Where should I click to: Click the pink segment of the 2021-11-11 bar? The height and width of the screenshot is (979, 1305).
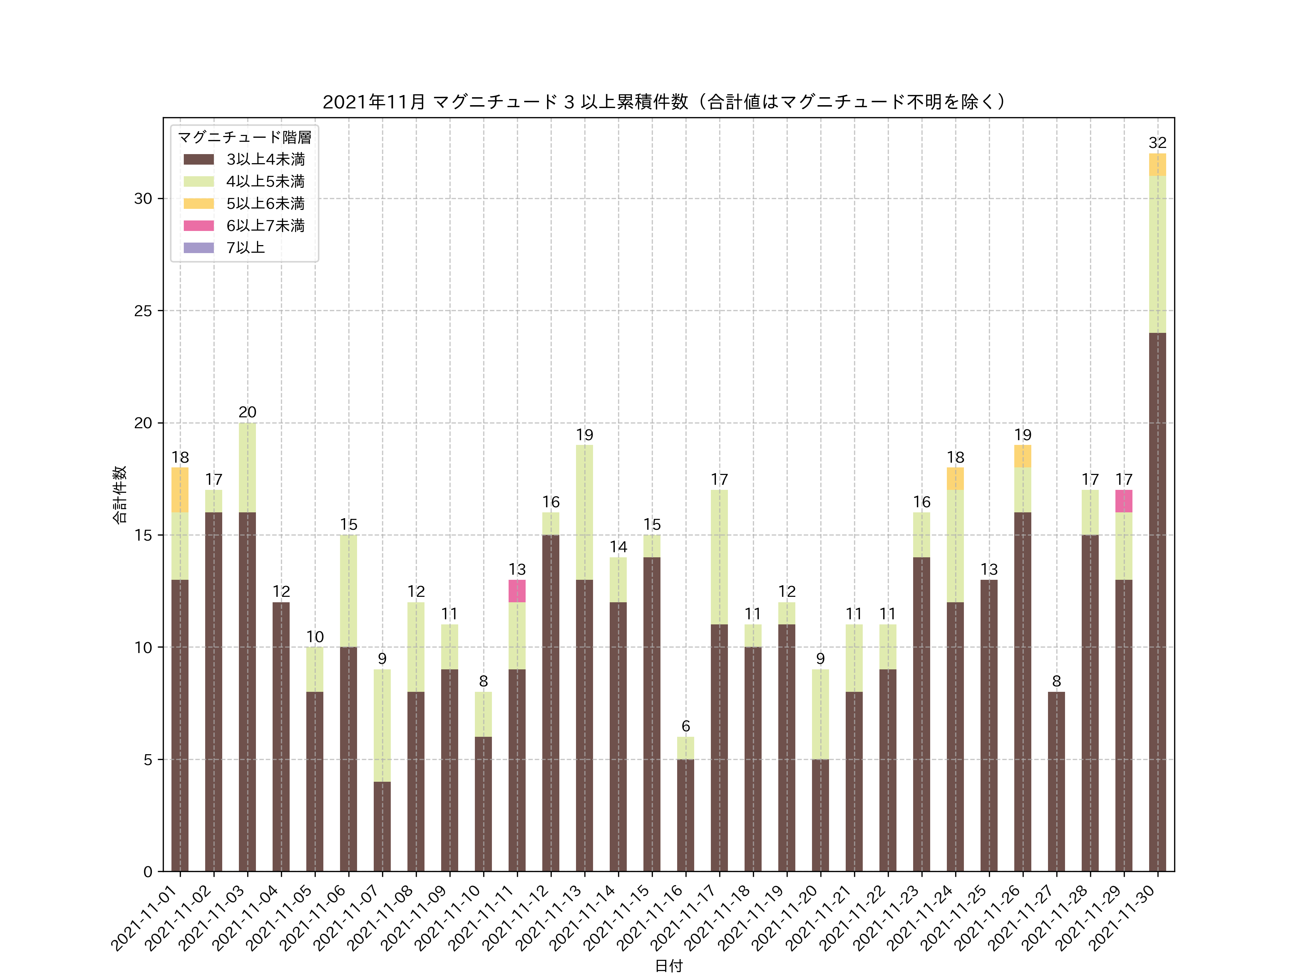(517, 591)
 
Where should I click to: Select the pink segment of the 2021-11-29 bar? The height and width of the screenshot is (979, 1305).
(1123, 501)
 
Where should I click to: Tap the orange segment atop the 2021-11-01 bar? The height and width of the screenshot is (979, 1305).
(180, 490)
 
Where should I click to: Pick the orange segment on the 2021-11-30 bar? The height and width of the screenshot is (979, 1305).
(1157, 165)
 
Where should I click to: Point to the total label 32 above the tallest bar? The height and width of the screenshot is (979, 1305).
(1157, 143)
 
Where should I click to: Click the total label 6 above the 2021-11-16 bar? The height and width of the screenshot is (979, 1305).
(685, 726)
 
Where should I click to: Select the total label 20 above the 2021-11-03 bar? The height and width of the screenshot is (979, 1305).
(247, 412)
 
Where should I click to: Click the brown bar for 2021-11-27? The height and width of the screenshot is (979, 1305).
(1056, 781)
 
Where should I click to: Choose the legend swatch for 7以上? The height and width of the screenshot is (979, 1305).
(198, 248)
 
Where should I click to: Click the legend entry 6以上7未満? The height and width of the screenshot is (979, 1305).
(265, 226)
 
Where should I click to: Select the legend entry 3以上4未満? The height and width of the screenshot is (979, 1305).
(265, 159)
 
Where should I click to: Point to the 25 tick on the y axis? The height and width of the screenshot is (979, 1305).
(143, 311)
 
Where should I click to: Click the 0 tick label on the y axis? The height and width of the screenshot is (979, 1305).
(148, 872)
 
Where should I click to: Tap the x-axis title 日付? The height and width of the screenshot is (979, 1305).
(668, 966)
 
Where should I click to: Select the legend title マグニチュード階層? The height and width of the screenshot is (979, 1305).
(244, 137)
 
